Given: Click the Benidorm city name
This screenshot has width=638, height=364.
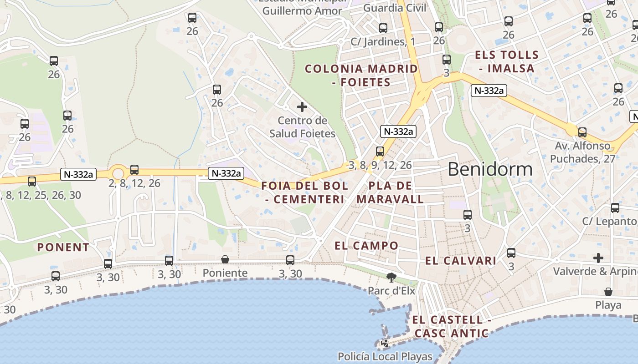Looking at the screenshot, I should coord(490,169).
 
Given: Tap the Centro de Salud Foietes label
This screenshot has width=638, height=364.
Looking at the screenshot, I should coord(302,127).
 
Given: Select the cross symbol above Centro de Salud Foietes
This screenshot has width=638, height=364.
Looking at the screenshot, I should coord(302,107).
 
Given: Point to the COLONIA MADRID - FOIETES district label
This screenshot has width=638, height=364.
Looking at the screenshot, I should coord(361,76).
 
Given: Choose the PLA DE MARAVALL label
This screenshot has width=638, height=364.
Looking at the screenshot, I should coord(390,192).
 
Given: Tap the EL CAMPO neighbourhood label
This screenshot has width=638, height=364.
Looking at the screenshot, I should coord(366,246).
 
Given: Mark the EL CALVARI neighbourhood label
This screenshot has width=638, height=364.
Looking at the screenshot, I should coord(461,261).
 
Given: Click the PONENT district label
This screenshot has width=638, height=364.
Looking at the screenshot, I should coord(63,248).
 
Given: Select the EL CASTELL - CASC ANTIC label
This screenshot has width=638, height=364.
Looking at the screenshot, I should coord(452,326).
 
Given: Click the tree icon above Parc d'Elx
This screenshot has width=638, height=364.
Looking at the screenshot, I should coord(391,277).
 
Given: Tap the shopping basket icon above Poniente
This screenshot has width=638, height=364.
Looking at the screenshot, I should coord(225,259).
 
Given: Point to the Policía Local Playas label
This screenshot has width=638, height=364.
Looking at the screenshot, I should coord(385,356).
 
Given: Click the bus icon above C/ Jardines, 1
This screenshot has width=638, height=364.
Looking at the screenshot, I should coord(383,28).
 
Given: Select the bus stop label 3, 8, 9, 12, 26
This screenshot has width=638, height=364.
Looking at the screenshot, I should coord(380,165).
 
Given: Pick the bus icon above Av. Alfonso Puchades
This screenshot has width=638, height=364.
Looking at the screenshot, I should coord(582,132).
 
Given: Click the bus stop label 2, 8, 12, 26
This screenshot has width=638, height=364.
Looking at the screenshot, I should coord(134,183).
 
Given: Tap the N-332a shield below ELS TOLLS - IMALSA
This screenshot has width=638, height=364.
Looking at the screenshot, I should coord(489,91).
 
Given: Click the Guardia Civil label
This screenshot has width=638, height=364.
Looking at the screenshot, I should coord(395,8).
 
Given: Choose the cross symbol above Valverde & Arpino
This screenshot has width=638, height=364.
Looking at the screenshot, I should coord(598,258).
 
